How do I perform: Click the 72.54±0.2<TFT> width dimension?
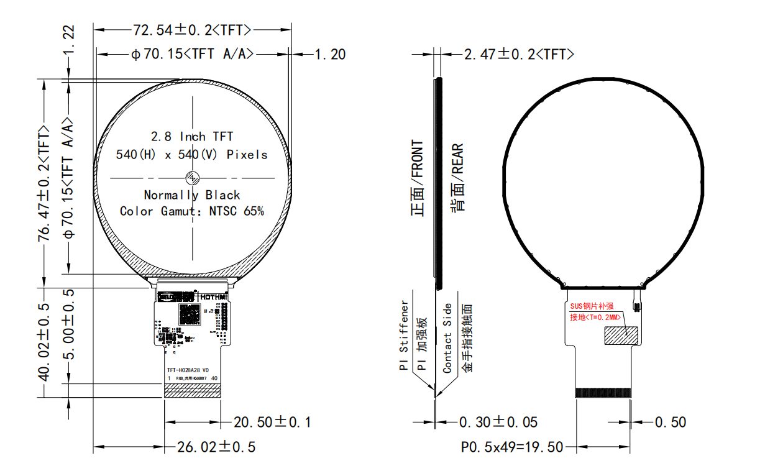coord(192,29)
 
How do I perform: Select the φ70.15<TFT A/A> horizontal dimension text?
coord(192,54)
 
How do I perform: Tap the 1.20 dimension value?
coord(330,55)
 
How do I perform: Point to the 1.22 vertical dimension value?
coord(69,40)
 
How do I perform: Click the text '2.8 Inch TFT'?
coord(192,136)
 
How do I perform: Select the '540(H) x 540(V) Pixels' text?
coord(192,155)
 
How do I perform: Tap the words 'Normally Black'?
coord(192,195)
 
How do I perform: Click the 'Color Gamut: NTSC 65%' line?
coord(192,211)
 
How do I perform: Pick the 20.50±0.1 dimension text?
coord(272,423)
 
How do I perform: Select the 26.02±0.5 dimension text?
coord(216,447)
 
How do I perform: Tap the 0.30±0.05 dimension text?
coord(498,423)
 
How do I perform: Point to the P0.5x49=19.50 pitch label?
coord(512,447)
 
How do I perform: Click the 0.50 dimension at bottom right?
coord(670,423)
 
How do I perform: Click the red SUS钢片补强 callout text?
coord(592,306)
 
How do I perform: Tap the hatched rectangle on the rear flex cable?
coord(623,334)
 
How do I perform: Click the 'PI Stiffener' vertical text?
coord(405,336)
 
